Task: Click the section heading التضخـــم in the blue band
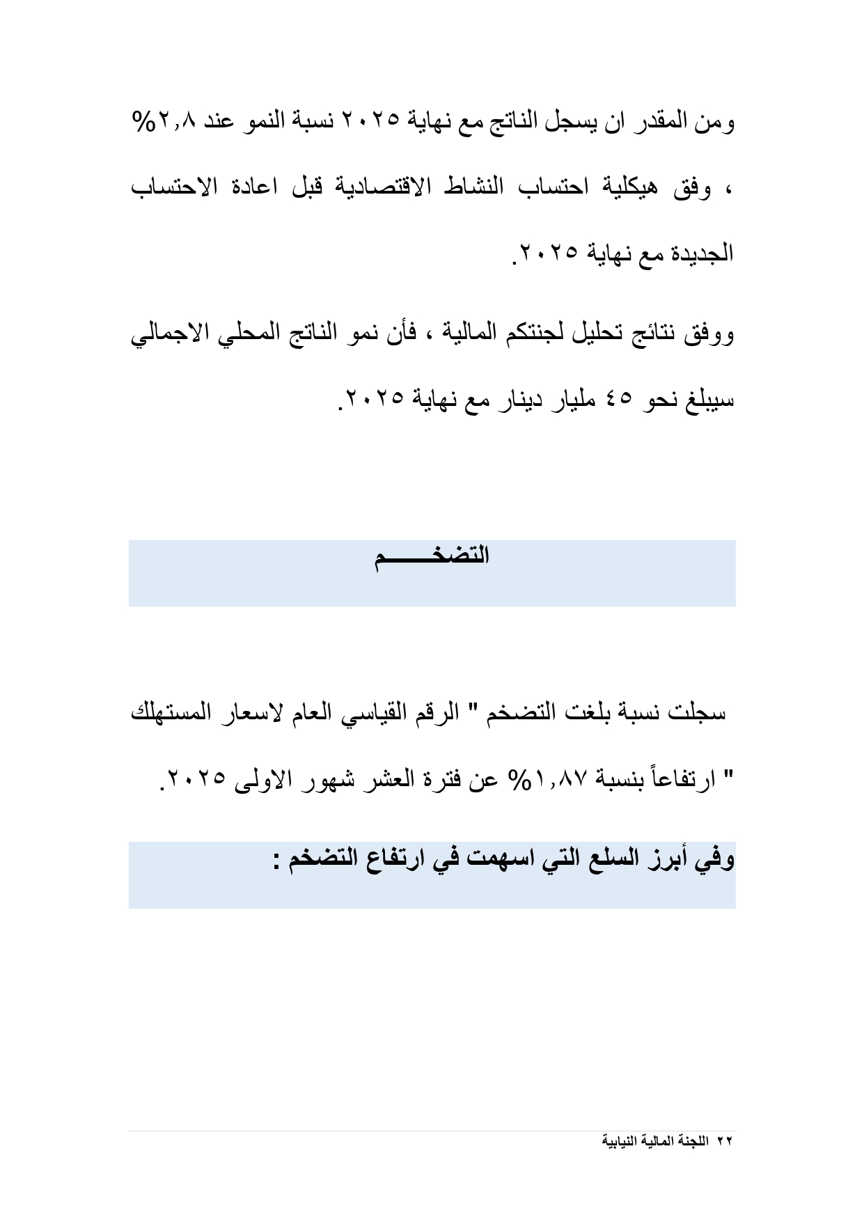click(x=432, y=557)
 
